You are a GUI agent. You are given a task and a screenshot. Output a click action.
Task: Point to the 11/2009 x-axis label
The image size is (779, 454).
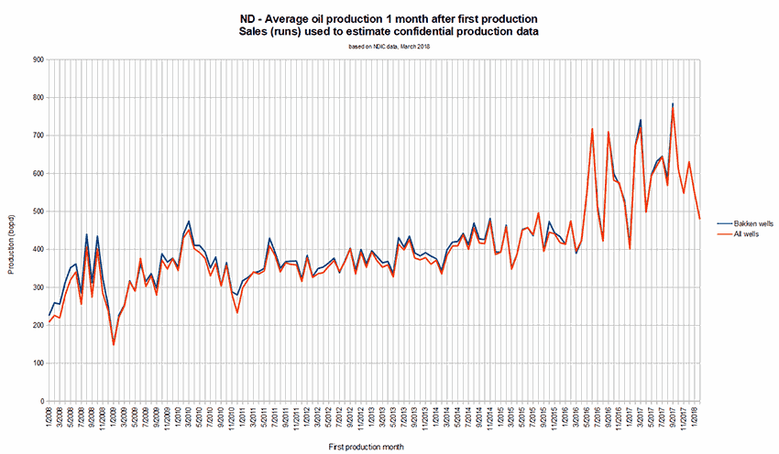coord(166,418)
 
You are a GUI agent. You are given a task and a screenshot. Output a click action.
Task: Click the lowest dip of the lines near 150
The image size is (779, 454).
coord(114,345)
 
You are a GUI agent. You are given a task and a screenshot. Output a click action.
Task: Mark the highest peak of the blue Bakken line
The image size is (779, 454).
coord(673,104)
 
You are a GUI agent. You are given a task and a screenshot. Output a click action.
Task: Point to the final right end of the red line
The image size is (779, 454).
coord(699,219)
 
